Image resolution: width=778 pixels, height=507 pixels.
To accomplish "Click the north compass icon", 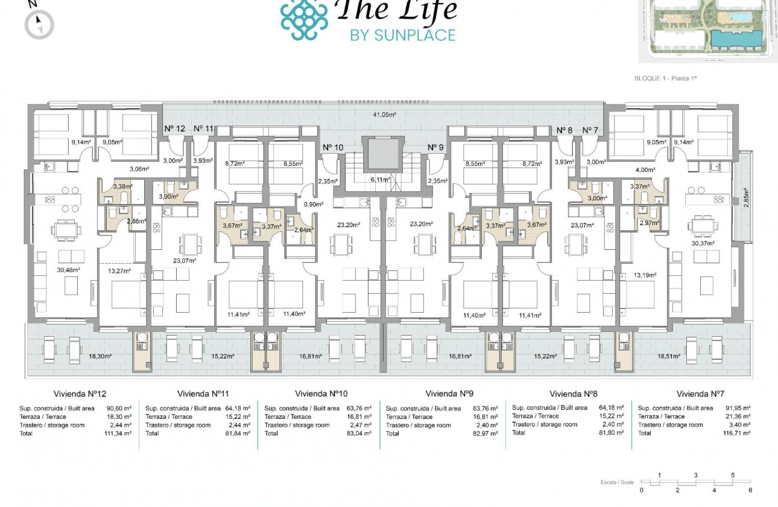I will pos(39,25).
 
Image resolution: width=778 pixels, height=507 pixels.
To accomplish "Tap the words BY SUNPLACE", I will pos(402,35).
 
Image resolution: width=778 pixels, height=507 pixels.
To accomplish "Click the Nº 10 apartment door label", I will pos(333,147).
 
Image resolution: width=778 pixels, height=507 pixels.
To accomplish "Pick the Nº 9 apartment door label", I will pos(435,147).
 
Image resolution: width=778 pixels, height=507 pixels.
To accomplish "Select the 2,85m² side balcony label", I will pos(746,198).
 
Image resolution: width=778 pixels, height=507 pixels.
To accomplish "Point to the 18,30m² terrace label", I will pos(101,357).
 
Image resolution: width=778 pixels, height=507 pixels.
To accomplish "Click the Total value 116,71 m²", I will pos(736,433).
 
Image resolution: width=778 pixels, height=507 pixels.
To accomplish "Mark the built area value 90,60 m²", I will pos(122,408).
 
